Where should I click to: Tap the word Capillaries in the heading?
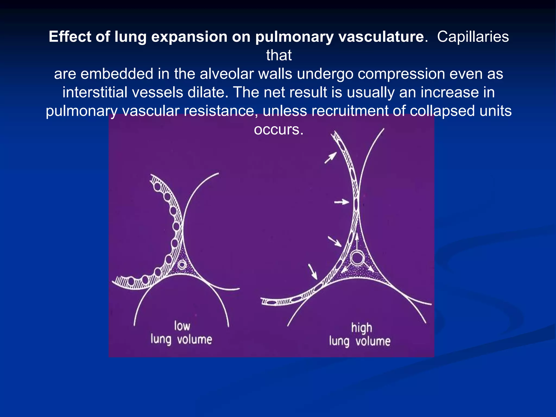click(473, 37)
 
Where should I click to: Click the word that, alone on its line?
click(279, 55)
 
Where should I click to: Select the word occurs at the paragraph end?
click(278, 129)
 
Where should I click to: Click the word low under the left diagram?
click(182, 326)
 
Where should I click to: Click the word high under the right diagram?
click(361, 328)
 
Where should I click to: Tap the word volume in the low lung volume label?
click(194, 340)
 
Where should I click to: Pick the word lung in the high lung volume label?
click(339, 342)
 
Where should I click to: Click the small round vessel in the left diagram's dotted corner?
click(182, 264)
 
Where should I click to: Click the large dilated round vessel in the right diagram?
click(357, 258)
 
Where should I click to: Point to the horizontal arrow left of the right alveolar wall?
click(341, 202)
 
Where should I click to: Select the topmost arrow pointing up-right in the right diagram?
click(331, 158)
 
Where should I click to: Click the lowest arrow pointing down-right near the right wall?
click(313, 271)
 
